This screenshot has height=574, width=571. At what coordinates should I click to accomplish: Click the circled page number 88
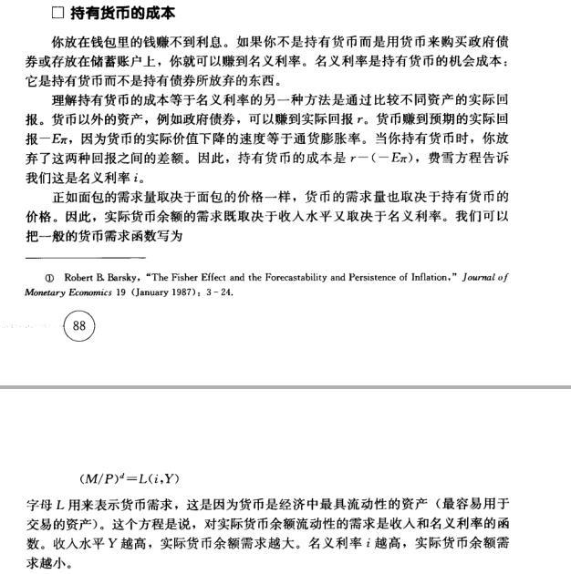click(x=78, y=327)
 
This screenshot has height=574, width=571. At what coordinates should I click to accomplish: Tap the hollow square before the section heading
click(x=57, y=14)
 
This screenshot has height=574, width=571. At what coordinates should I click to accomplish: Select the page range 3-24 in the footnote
click(x=219, y=292)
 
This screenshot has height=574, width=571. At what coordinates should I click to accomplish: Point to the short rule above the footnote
click(x=86, y=258)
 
